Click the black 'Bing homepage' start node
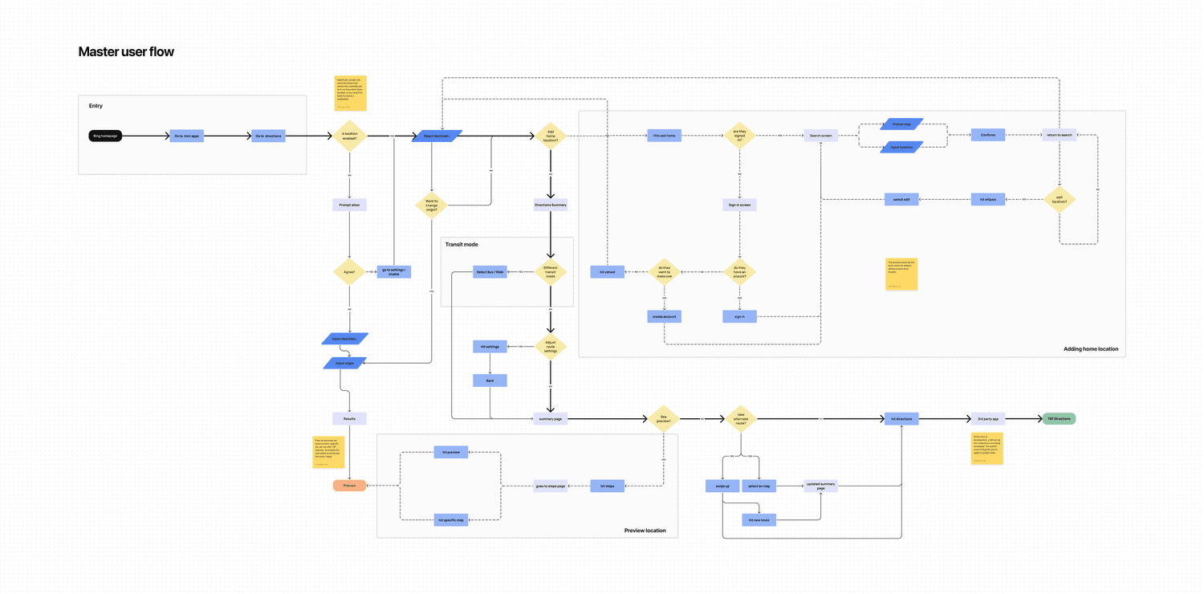[106, 136]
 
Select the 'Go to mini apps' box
[186, 136]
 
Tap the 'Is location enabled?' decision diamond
[350, 136]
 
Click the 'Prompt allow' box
[349, 205]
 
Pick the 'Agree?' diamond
[349, 272]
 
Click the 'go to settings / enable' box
[393, 272]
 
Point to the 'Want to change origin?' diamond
[432, 205]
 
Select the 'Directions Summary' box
[551, 205]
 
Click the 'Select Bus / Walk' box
[490, 272]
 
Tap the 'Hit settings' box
[490, 347]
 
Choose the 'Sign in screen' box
[739, 205]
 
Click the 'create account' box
[664, 316]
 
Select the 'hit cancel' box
[607, 272]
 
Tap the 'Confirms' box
[988, 135]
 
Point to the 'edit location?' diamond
[1059, 199]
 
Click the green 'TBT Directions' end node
[1059, 418]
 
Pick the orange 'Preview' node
[350, 485]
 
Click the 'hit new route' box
[759, 519]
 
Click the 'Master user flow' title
[126, 52]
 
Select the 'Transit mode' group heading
[462, 244]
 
